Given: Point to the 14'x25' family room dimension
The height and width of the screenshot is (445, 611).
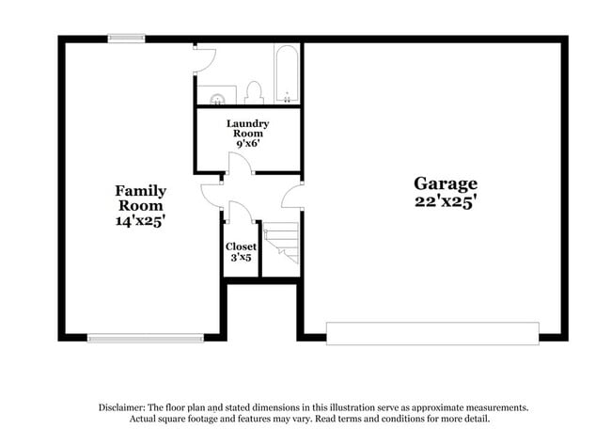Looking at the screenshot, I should (x=141, y=221).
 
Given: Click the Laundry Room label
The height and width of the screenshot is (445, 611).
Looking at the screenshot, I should (x=248, y=128).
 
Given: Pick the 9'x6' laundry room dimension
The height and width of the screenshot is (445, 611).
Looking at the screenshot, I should (x=248, y=145).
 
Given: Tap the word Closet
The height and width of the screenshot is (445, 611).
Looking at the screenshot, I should (x=241, y=246).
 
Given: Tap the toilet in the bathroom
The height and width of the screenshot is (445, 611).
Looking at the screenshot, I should (x=253, y=92).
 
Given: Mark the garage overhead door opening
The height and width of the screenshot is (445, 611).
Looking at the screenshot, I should (x=432, y=333).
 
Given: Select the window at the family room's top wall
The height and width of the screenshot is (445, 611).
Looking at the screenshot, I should (x=126, y=39).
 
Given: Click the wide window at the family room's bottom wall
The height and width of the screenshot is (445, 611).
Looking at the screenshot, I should (x=145, y=336).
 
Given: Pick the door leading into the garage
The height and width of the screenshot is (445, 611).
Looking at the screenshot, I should (x=291, y=196).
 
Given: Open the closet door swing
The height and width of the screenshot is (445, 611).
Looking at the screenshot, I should (x=237, y=212).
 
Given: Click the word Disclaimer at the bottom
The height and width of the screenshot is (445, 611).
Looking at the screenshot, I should (x=123, y=407).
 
